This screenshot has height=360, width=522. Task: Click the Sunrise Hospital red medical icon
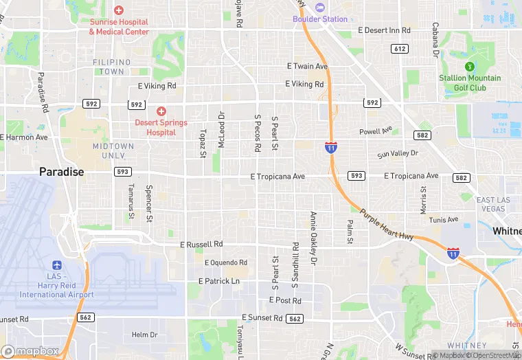click(x=119, y=10)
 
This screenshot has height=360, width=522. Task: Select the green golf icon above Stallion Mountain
click(x=470, y=67)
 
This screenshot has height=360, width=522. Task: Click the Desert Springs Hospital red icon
click(x=161, y=111)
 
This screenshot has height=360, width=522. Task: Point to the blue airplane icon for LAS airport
click(x=56, y=265)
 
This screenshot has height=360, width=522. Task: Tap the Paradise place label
click(x=61, y=172)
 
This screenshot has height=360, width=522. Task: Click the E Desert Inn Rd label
click(x=384, y=30)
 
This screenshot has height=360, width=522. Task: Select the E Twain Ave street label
click(x=307, y=67)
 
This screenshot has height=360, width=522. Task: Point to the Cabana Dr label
click(x=435, y=38)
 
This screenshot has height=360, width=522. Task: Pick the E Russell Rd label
click(x=201, y=244)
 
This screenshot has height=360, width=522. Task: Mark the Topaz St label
click(x=203, y=143)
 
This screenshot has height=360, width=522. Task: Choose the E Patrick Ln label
click(x=218, y=281)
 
